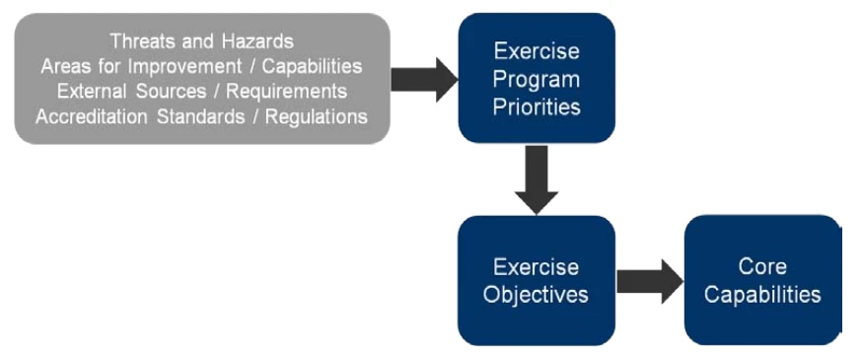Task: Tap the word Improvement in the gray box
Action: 184,66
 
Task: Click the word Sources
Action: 172,92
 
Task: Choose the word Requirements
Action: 286,92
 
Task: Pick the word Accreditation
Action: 93,117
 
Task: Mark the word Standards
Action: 200,117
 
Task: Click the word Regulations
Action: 317,117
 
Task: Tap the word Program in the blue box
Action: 536,79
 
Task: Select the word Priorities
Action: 537,107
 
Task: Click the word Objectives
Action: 536,295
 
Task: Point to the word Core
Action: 762,266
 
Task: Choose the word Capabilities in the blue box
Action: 762,295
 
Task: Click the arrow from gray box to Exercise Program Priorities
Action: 424,80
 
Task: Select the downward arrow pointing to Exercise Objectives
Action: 537,180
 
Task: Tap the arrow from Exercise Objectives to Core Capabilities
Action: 650,281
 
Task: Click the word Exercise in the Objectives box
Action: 536,267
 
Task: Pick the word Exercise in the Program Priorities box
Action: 537,51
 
